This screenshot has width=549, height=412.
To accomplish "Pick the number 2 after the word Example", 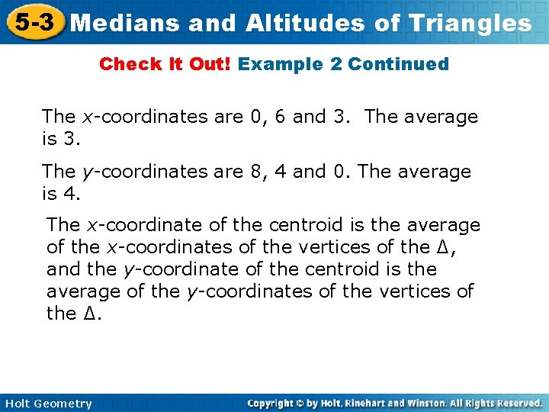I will [x=336, y=64].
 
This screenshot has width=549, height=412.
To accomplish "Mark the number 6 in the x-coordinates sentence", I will [x=280, y=117].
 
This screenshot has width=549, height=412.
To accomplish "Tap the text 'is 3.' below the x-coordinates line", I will [x=60, y=139].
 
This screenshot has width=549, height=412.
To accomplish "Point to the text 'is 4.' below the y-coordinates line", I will [x=60, y=194].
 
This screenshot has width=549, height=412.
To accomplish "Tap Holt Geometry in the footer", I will [x=47, y=404].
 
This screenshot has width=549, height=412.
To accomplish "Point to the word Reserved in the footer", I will [x=518, y=403].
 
